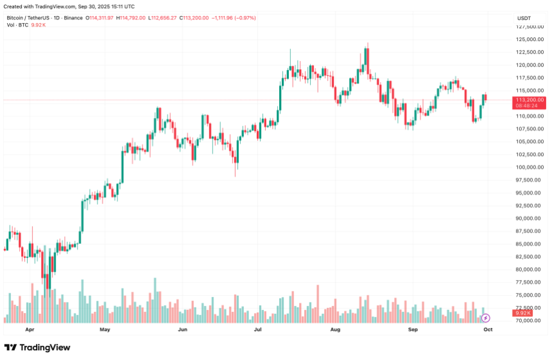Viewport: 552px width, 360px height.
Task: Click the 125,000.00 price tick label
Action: [530, 39]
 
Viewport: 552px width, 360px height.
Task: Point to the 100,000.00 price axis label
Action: [530, 167]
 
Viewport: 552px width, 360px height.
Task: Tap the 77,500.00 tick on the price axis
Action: [531, 282]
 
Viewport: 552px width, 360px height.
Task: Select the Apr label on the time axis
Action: [30, 329]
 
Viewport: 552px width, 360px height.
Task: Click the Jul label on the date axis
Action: [258, 329]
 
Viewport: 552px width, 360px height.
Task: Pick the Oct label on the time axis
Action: [488, 329]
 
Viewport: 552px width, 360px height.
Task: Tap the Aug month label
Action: [334, 329]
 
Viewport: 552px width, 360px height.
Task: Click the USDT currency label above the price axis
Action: [524, 18]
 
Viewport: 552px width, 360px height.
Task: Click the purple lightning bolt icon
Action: [486, 318]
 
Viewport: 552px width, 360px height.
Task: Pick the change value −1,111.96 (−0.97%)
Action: [234, 18]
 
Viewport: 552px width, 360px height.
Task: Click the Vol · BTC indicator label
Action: [18, 25]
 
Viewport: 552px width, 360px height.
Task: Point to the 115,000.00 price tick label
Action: [530, 90]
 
